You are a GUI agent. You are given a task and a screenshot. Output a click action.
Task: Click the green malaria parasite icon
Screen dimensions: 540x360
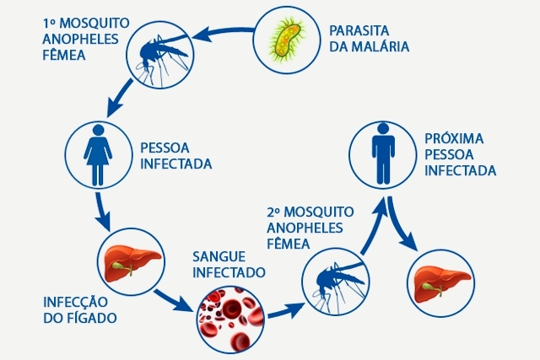[x=286, y=38]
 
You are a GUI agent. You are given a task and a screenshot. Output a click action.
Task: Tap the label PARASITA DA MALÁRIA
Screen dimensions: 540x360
[x=370, y=38]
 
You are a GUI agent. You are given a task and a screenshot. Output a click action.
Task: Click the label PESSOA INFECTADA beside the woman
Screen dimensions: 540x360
[x=175, y=153]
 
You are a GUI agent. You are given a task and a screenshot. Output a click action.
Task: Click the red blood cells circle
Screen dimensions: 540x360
[x=229, y=316]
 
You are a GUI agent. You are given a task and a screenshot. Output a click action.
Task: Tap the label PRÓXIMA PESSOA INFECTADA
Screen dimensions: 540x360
[x=459, y=153]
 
